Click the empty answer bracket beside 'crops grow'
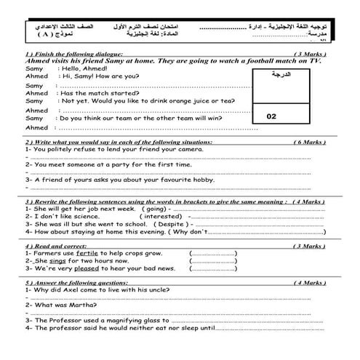[212, 253]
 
